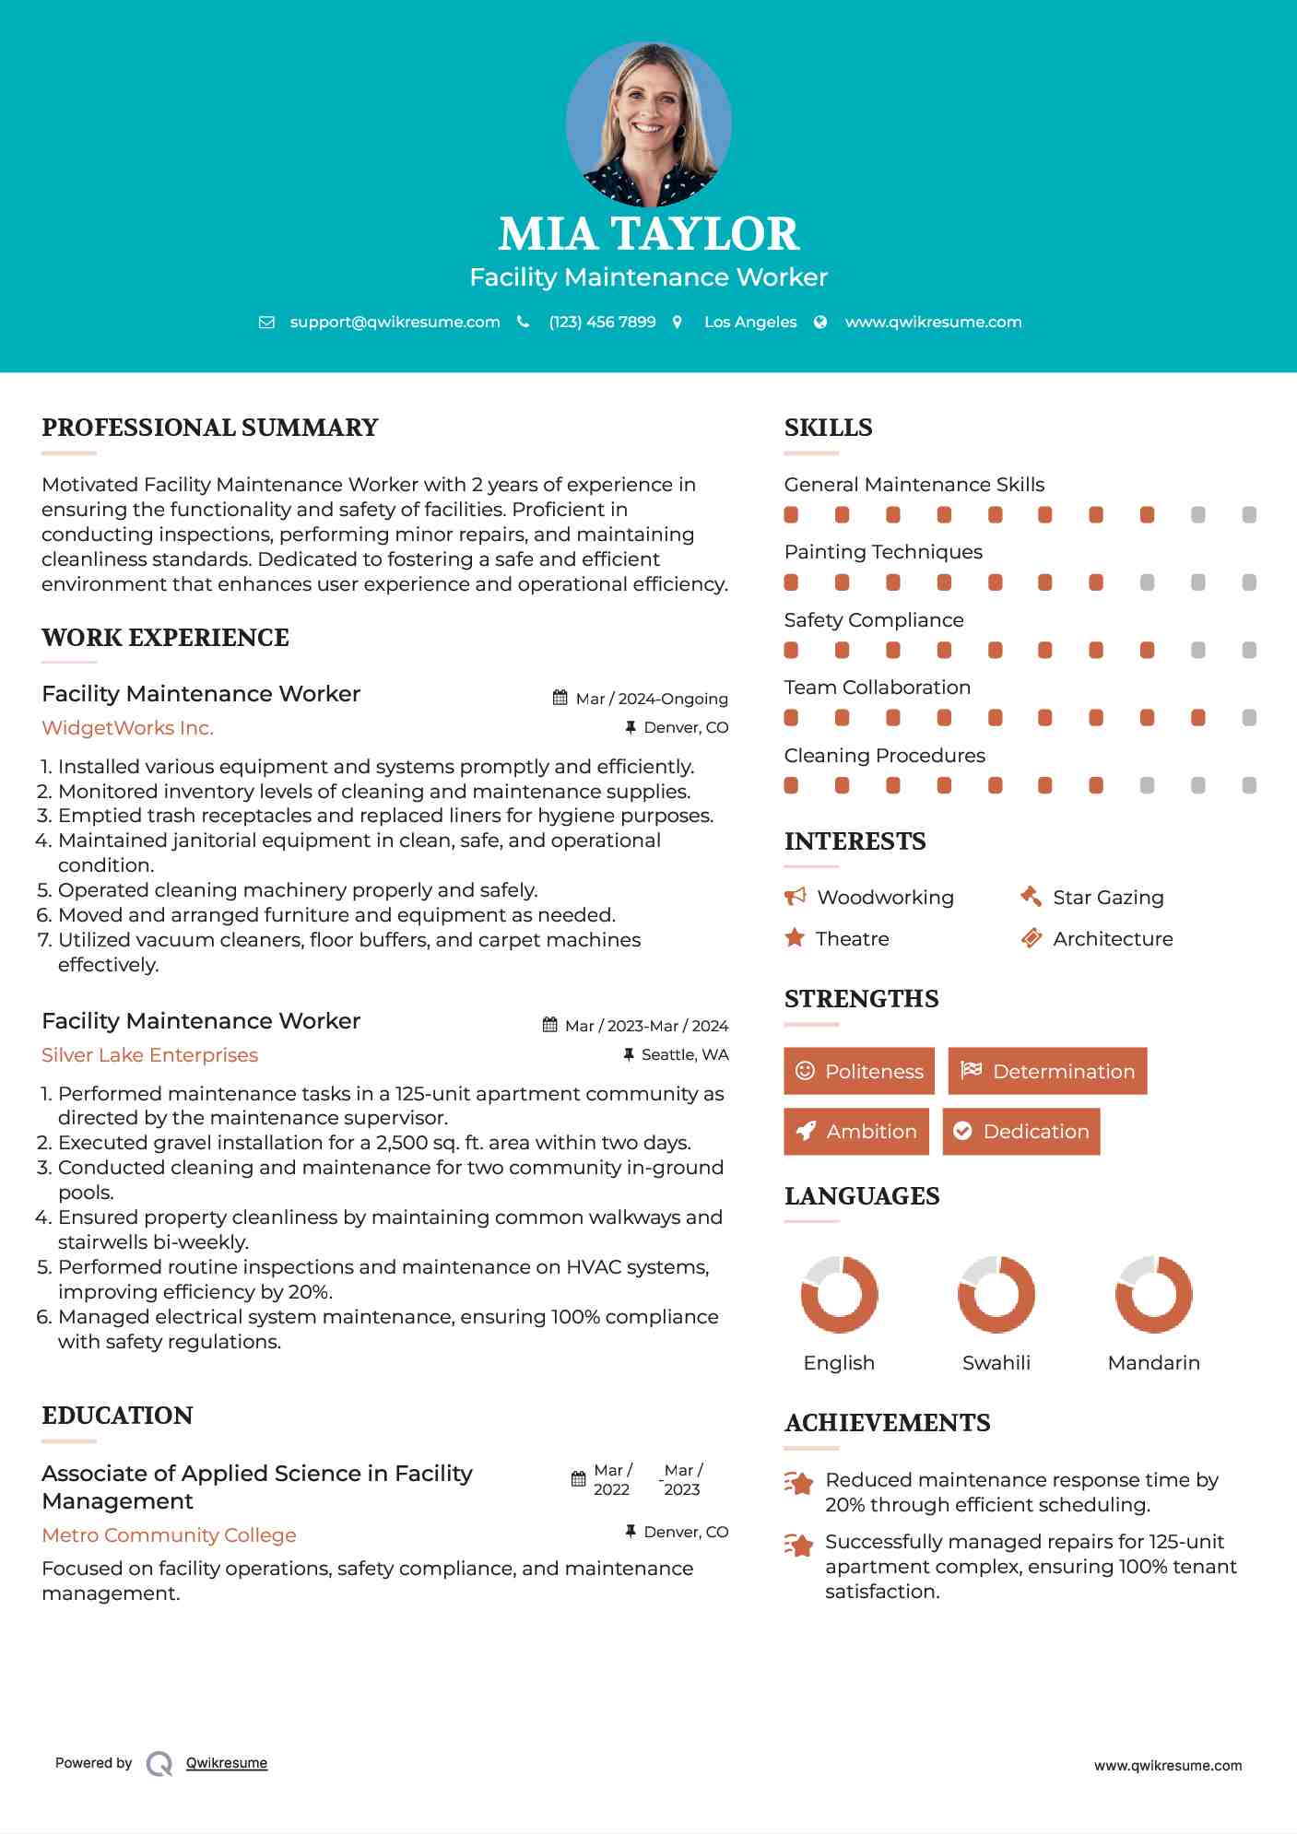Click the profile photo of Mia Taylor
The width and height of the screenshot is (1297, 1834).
coord(648,123)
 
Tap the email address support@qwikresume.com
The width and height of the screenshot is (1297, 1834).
coord(395,322)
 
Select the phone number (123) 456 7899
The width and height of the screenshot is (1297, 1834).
coord(602,322)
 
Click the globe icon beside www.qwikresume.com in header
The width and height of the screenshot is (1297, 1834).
coord(820,322)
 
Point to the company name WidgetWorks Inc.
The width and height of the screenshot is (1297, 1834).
coord(127,728)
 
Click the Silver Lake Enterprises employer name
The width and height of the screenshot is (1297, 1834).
coord(149,1055)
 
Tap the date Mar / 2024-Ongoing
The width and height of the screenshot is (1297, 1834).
coord(651,699)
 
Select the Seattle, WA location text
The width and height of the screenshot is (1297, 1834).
coord(684,1054)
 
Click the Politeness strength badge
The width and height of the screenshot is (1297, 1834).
coord(858,1071)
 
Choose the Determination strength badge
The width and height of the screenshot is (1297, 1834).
coord(1047,1071)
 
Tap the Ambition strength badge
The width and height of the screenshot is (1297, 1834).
coord(855,1132)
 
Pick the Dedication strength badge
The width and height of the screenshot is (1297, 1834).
coord(1020,1132)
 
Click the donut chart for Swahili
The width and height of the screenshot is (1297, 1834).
coord(996,1294)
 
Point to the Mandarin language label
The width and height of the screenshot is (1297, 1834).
coord(1153,1363)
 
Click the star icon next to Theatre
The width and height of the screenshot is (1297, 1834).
coord(795,938)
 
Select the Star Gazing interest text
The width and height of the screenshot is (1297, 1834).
coord(1108,898)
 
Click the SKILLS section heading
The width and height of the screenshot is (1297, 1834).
coord(828,428)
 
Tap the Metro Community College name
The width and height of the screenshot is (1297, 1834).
coord(169,1535)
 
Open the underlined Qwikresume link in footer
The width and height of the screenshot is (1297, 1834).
coord(227,1763)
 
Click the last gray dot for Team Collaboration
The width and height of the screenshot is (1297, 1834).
coord(1249,718)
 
